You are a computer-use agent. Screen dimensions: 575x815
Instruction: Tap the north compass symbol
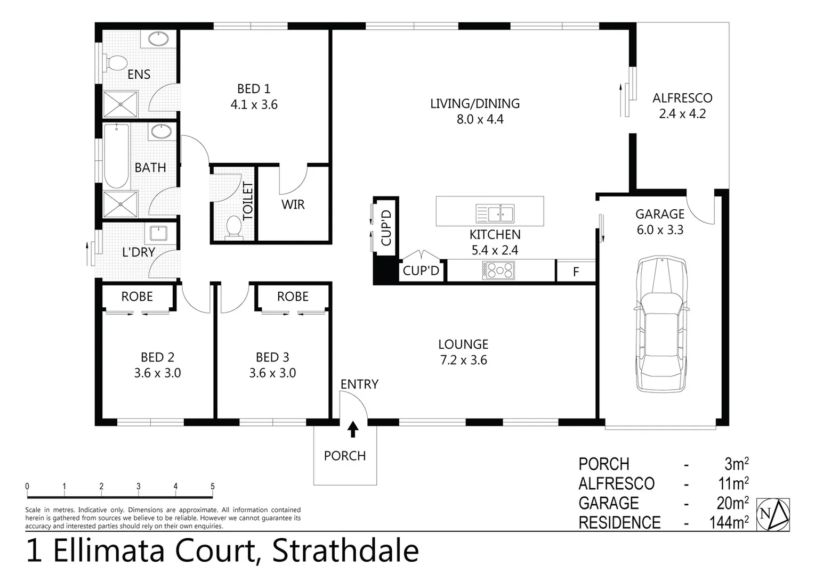773,514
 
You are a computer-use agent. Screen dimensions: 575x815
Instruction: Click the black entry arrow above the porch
353,429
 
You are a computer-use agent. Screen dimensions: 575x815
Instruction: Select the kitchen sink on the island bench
495,213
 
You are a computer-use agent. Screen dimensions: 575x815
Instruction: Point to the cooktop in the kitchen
498,271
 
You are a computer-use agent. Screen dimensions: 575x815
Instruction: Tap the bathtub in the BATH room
116,155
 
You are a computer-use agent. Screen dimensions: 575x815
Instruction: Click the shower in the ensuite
120,104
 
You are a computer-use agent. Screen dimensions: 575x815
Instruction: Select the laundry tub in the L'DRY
158,233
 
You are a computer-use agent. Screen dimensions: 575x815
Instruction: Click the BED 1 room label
254,89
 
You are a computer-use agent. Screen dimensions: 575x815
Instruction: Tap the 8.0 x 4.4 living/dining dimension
480,119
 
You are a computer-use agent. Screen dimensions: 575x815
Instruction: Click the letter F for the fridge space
576,272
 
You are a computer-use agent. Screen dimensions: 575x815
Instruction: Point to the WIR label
293,204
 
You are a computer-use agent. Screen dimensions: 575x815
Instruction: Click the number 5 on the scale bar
213,486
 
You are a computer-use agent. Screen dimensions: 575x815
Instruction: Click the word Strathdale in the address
345,551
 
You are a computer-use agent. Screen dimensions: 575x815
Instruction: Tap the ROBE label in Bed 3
293,297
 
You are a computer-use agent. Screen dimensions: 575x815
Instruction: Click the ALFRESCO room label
682,98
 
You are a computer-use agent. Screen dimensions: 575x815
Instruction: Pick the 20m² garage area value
732,503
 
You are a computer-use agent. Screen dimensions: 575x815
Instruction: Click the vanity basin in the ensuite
158,38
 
